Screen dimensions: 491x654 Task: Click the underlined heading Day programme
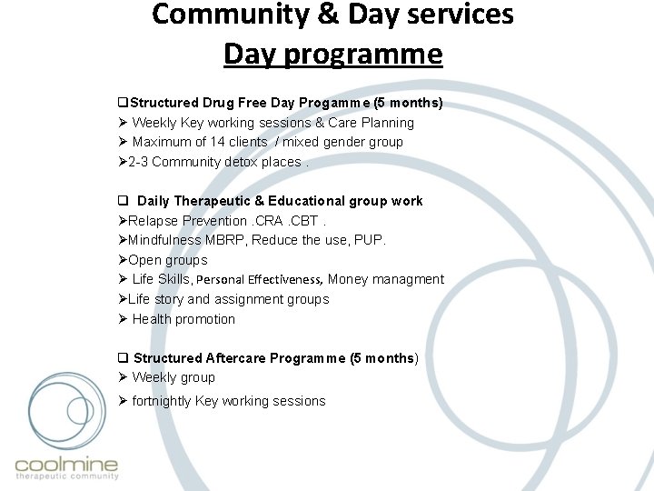coord(332,55)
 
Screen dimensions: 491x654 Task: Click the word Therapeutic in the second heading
coord(214,201)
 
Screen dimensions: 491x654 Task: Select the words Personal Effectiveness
coord(259,280)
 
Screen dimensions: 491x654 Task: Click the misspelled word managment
coord(409,279)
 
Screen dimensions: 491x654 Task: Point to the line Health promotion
coord(183,319)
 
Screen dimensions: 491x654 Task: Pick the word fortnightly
coord(162,401)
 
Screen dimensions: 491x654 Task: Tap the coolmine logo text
coord(66,466)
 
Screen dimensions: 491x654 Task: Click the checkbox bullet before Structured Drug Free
coord(124,104)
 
